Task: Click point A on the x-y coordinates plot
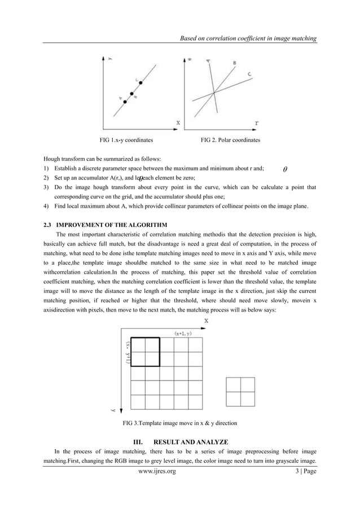pyautogui.click(x=126, y=102)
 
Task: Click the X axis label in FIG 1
pyautogui.click(x=178, y=122)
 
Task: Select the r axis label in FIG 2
pyautogui.click(x=257, y=122)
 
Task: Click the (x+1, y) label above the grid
pyautogui.click(x=186, y=334)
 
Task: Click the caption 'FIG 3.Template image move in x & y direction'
pyautogui.click(x=180, y=423)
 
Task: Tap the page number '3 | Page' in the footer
pyautogui.click(x=302, y=470)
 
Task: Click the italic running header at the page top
pyautogui.click(x=247, y=38)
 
